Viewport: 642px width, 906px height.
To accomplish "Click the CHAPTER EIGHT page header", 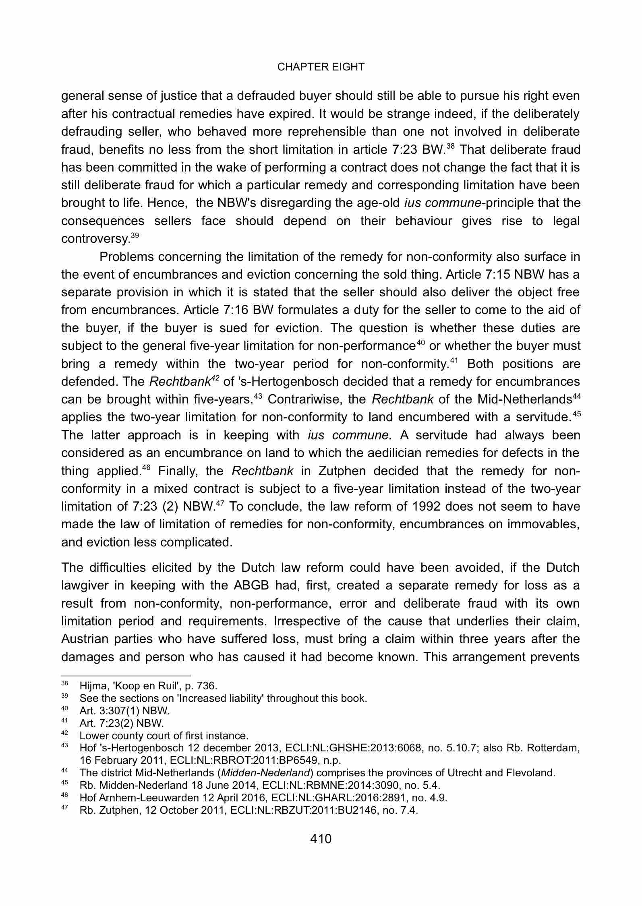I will click(321, 67).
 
